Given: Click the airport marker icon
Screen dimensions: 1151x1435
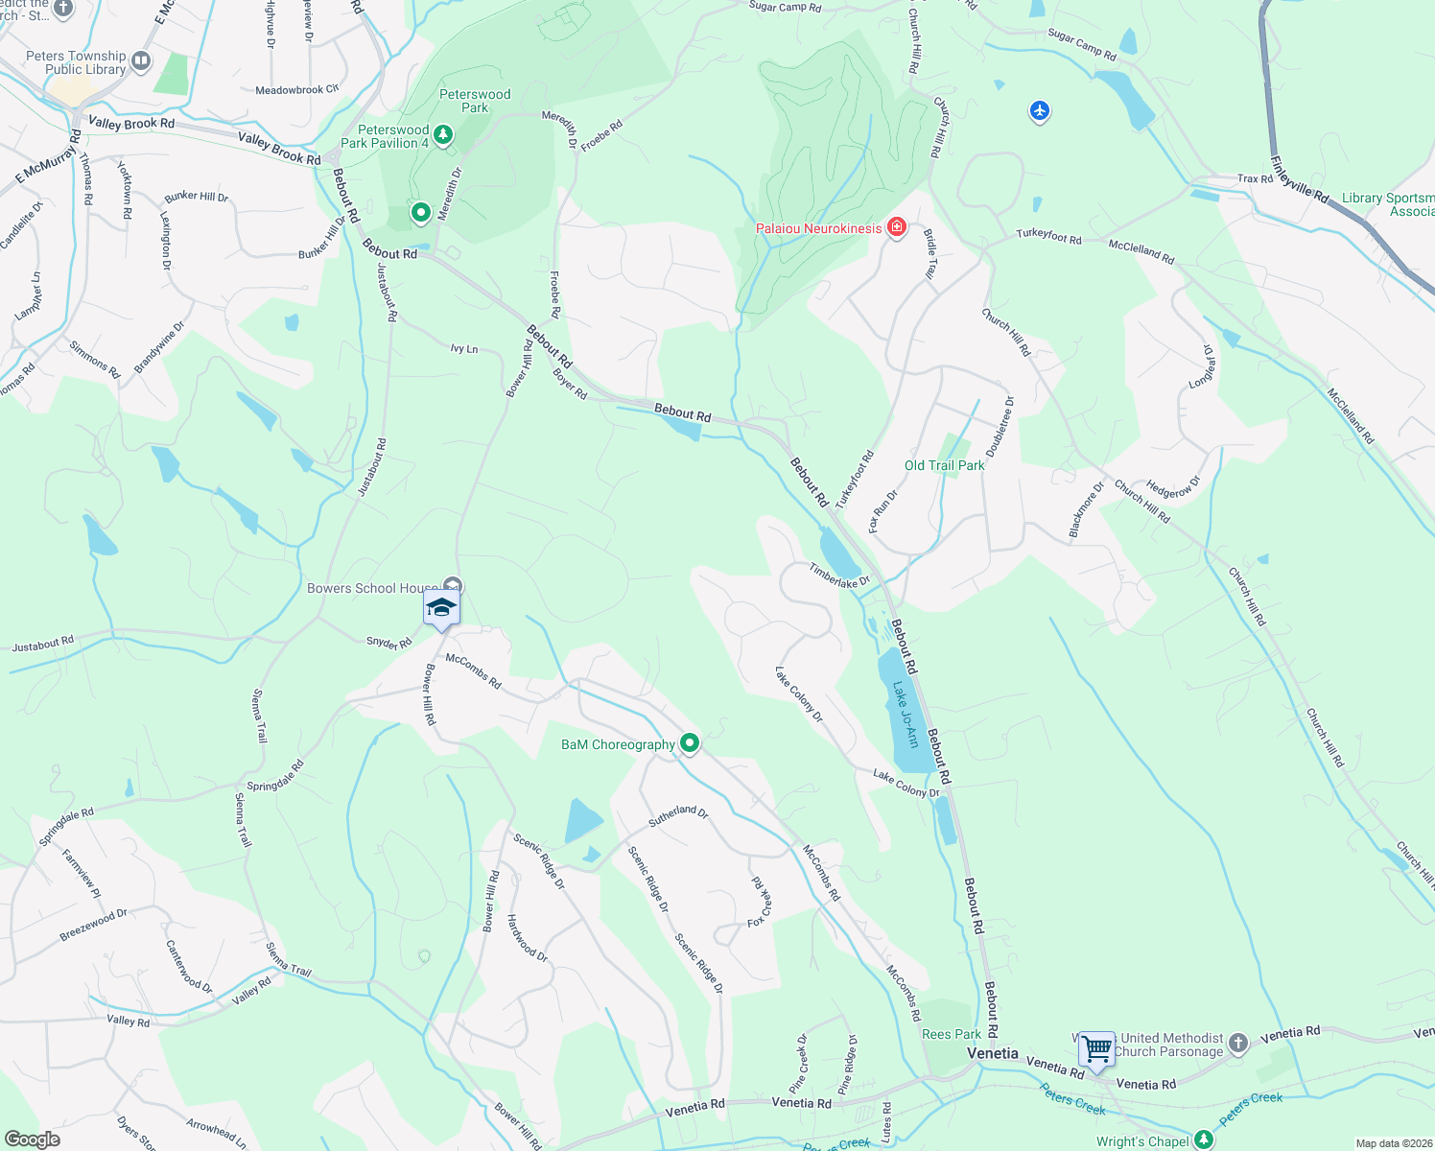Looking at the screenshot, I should pyautogui.click(x=1040, y=112).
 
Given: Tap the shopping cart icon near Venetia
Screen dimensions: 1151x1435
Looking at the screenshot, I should pyautogui.click(x=1096, y=1047).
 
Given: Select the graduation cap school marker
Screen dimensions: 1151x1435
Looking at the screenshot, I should pyautogui.click(x=441, y=607).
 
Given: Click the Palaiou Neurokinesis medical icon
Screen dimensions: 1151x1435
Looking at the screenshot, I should pyautogui.click(x=897, y=227).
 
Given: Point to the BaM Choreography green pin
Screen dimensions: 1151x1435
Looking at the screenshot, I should pyautogui.click(x=689, y=742).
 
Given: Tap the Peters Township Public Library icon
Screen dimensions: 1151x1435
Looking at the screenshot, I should pyautogui.click(x=141, y=62).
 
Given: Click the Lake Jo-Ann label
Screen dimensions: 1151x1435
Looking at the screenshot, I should pyautogui.click(x=906, y=715).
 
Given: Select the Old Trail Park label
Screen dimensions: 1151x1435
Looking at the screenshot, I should pyautogui.click(x=944, y=465).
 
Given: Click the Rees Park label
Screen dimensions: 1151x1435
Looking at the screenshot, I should pyautogui.click(x=951, y=1034).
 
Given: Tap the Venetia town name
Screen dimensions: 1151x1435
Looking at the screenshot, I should pyautogui.click(x=992, y=1053).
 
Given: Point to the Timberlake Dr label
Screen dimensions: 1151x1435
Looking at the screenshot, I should pyautogui.click(x=838, y=575).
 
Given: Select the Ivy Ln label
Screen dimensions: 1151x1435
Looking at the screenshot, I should pyautogui.click(x=464, y=349).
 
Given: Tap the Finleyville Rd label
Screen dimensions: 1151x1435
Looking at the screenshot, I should pyautogui.click(x=1299, y=179).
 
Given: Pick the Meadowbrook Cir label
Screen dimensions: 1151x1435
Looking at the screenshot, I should pyautogui.click(x=297, y=90).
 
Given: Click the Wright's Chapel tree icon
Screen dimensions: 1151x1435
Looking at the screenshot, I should pyautogui.click(x=1204, y=1140).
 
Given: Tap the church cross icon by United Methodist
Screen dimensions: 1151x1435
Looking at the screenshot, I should pyautogui.click(x=1238, y=1044).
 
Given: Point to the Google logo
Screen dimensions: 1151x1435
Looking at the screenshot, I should pyautogui.click(x=32, y=1139).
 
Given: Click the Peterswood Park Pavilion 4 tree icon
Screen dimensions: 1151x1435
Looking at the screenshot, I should pyautogui.click(x=442, y=134).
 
